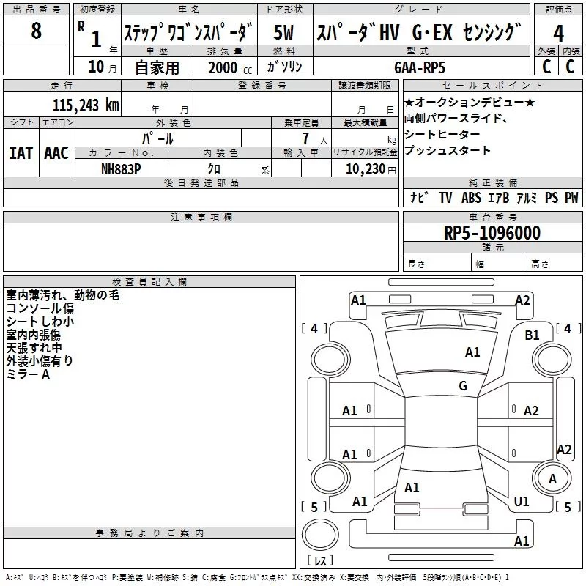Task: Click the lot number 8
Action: click(x=37, y=31)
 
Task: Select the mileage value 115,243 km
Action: click(x=86, y=105)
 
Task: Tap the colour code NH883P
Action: click(x=121, y=168)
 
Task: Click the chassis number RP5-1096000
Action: click(x=492, y=233)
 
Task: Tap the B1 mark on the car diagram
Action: click(x=532, y=335)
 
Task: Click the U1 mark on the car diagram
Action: click(x=522, y=502)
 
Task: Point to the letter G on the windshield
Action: click(x=463, y=386)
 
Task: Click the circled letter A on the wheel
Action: click(x=553, y=479)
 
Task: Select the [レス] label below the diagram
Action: click(x=320, y=561)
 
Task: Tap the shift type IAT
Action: click(x=21, y=152)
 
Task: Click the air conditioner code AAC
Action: click(x=56, y=152)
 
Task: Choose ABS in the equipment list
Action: click(x=471, y=198)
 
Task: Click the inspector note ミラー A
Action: click(x=28, y=374)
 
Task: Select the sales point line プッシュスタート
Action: click(x=448, y=151)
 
